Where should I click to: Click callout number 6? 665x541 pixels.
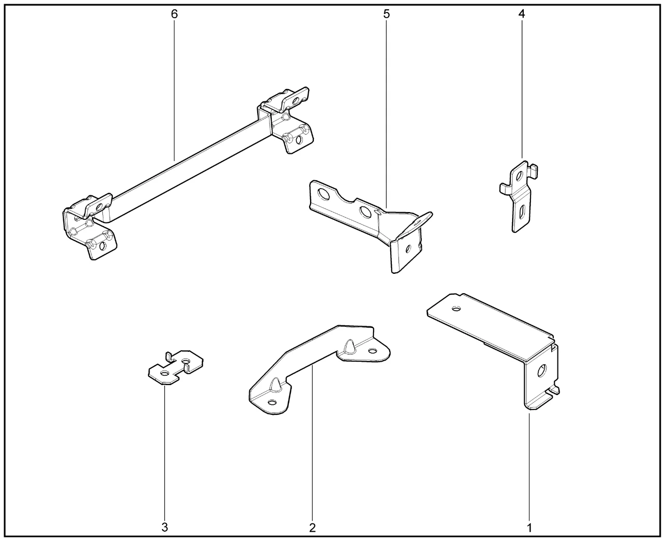pos(174,14)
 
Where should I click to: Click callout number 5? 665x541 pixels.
pos(387,14)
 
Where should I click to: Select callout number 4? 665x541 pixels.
pos(522,14)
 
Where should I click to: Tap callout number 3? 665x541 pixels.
pos(165,527)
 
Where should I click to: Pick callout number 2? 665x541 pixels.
pos(312,528)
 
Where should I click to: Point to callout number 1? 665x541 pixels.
pos(529,528)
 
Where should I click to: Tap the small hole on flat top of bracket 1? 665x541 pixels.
pos(457,309)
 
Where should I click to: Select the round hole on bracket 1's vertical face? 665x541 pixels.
pos(541,371)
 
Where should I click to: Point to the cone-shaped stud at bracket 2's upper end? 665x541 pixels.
pos(350,346)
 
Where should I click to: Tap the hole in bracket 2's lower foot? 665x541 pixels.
pos(272,403)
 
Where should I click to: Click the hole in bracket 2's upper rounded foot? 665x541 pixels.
pos(372,351)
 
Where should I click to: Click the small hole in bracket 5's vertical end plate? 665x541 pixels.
pos(407,249)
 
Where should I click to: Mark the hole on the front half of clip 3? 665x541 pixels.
pos(164,373)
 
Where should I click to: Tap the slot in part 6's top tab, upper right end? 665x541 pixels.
pos(295,101)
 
